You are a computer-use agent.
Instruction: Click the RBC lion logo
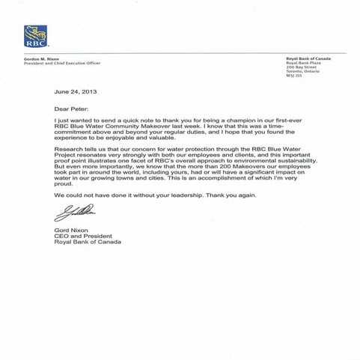(35, 36)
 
